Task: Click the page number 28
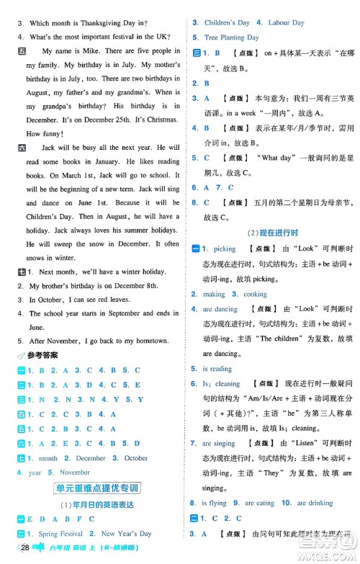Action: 24,552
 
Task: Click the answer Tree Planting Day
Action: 231,37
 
